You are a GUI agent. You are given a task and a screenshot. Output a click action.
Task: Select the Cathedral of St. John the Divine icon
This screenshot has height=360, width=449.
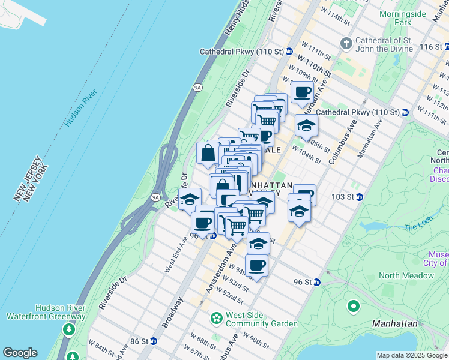pos(346,43)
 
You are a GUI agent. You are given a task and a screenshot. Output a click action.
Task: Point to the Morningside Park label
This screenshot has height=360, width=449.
pos(395,16)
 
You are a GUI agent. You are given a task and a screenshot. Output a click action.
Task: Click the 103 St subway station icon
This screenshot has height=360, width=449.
pos(360,197)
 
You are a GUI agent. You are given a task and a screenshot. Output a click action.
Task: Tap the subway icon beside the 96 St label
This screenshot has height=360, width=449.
pos(316,282)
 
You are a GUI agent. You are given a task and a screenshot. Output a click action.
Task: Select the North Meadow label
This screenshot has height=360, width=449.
pos(406,275)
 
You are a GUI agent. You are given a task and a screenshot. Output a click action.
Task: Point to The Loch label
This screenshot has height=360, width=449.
pos(418,227)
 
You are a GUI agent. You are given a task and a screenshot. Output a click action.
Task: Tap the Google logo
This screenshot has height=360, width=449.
pos(20,353)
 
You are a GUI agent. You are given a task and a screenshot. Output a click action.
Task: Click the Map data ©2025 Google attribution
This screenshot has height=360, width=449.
pos(412,355)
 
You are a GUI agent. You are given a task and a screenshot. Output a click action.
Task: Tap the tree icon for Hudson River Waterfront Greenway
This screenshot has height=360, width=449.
pos(70,329)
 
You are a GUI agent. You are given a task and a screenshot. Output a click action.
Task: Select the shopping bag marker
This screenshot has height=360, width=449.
pos(208,152)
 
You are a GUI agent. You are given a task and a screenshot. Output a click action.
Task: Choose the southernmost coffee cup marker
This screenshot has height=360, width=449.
pos(257,265)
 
